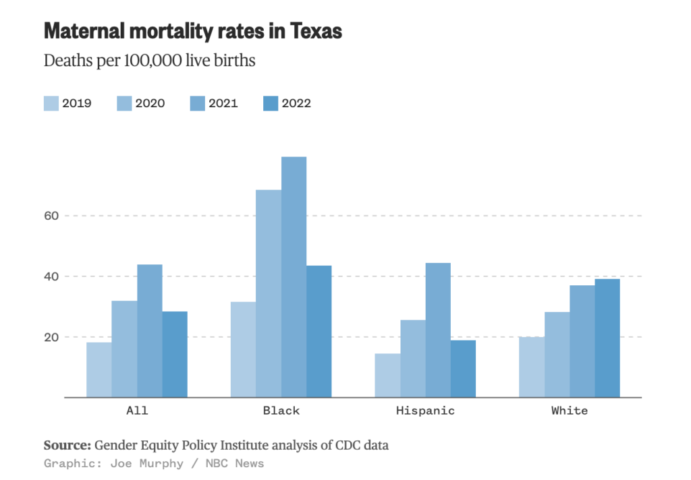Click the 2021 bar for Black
point(294,276)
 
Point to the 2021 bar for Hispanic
point(438,330)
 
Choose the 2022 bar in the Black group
point(319,331)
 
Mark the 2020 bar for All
point(124,349)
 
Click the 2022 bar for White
point(607,338)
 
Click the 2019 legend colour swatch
point(51,103)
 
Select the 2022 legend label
point(296,103)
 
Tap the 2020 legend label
point(150,103)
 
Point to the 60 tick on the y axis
point(53,216)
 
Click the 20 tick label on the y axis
point(53,337)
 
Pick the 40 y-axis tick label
point(53,276)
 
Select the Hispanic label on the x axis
point(425,411)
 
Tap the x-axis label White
point(570,411)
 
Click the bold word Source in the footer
point(66,446)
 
